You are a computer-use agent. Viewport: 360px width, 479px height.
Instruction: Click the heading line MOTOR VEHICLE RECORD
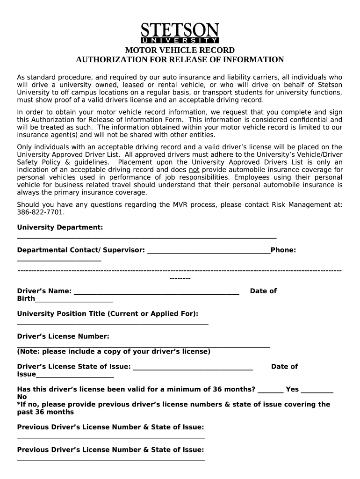click(180, 51)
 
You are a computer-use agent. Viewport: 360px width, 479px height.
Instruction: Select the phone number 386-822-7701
click(40, 212)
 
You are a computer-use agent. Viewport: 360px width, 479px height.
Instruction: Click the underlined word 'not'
click(194, 170)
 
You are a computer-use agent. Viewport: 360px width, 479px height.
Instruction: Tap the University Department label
click(60, 227)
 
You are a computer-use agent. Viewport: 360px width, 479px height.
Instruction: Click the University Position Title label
click(108, 313)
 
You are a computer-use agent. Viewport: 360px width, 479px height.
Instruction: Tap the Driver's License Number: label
click(63, 336)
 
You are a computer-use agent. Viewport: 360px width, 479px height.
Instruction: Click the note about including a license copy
click(114, 351)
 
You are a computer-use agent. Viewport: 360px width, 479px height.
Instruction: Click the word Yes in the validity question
click(292, 389)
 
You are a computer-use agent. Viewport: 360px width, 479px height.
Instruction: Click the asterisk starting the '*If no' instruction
click(19, 404)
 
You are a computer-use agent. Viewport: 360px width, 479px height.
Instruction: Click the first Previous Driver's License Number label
click(110, 427)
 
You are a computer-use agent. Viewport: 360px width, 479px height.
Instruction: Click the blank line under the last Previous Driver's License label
click(111, 460)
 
